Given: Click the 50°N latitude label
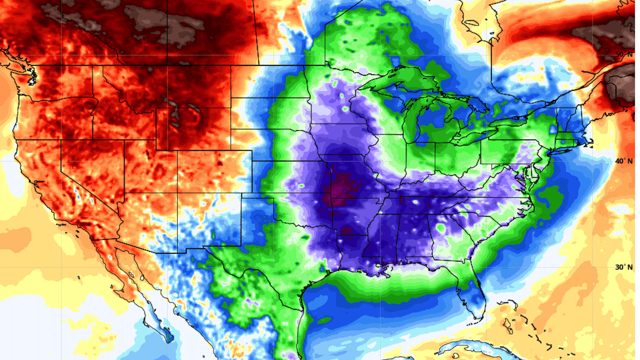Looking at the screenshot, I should click(x=624, y=54).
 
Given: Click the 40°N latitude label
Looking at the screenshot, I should click(x=624, y=161).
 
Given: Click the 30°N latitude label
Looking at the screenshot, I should click(x=624, y=267).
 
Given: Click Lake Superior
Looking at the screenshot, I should click(x=393, y=82).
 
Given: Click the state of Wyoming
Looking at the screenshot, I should click(x=193, y=128).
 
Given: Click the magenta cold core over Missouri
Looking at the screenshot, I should click(x=343, y=187).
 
